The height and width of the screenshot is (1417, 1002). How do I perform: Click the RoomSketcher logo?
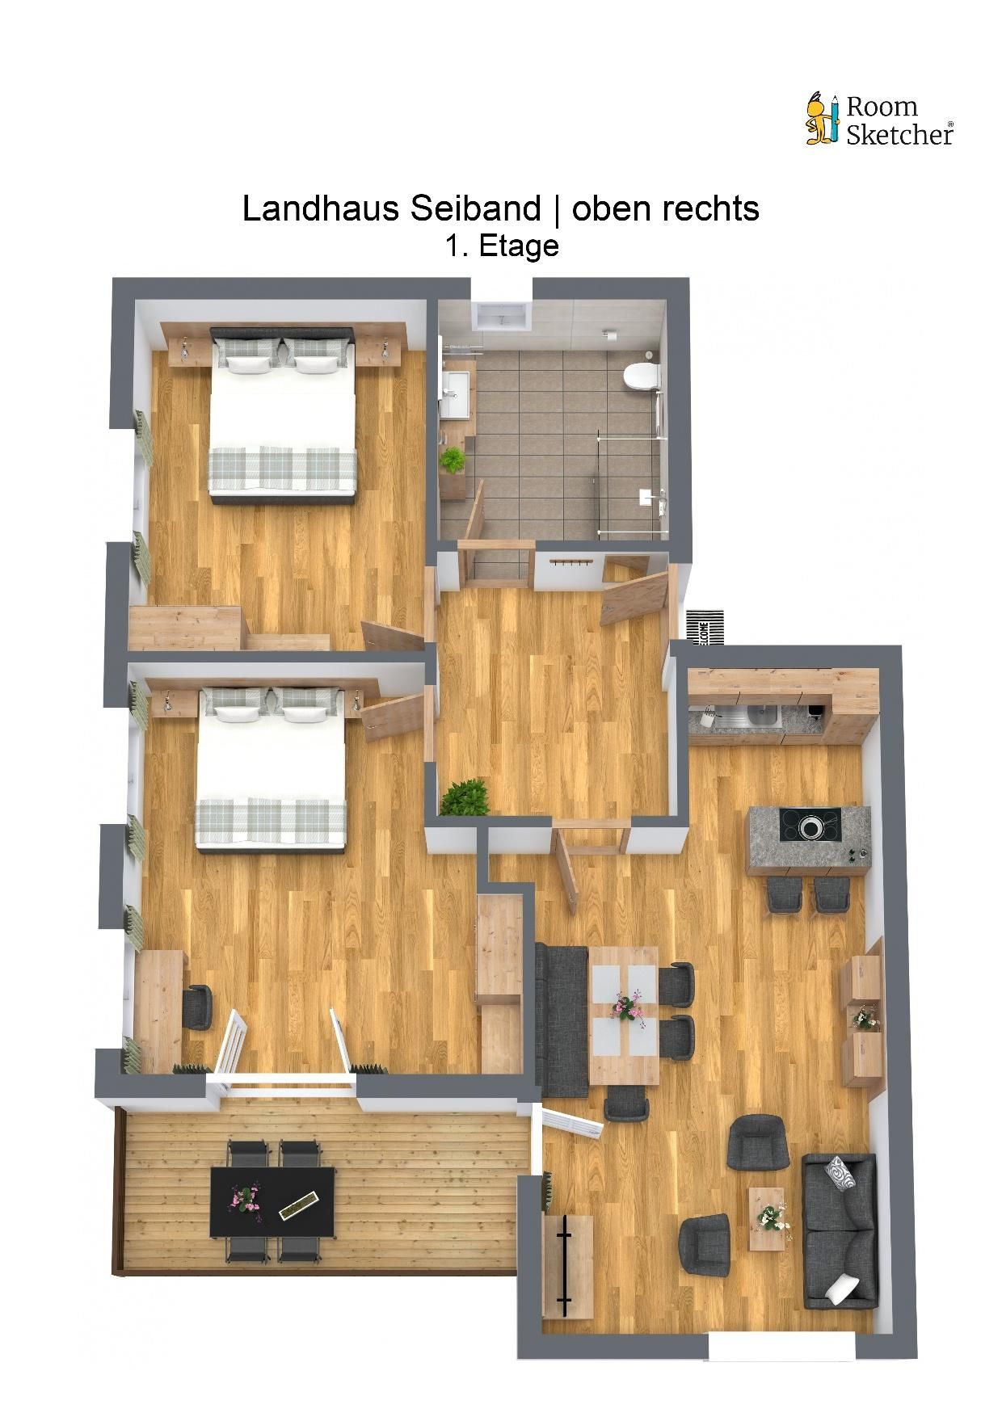coord(879,120)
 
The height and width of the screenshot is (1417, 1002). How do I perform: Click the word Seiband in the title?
coord(475,209)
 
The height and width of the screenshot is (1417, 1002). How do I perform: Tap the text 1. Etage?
coord(502,246)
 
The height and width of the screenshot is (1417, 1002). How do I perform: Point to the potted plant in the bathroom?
coord(453,461)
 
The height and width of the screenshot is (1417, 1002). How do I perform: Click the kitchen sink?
coord(761,713)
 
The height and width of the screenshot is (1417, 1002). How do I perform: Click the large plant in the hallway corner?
coord(466,797)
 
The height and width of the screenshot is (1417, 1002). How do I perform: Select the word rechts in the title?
coord(712,209)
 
